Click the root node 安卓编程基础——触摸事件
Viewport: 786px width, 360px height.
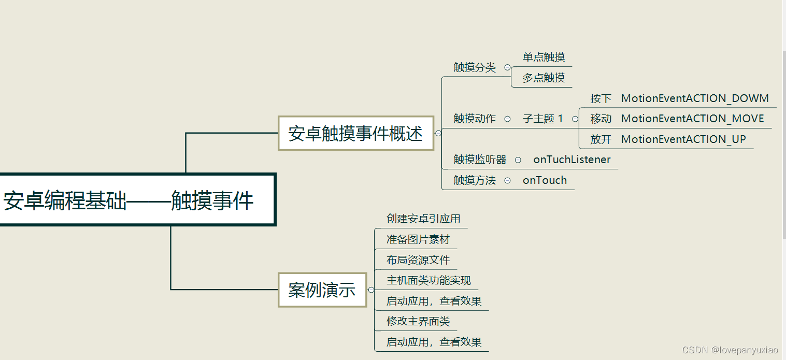point(128,200)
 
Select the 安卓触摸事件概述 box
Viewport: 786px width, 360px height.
point(355,134)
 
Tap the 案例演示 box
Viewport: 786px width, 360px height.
point(322,290)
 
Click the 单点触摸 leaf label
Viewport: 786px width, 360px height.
point(544,57)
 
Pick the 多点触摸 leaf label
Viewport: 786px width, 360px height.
point(544,78)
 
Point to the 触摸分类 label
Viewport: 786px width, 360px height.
point(475,67)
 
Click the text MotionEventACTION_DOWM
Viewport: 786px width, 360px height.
point(695,98)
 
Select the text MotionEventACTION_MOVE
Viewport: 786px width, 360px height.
point(692,119)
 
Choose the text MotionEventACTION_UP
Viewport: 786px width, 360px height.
point(683,139)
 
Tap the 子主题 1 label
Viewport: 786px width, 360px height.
point(542,119)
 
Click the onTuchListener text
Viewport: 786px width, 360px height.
point(572,160)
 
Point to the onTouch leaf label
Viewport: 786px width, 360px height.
point(545,180)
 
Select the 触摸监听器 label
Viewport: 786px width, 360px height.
point(480,160)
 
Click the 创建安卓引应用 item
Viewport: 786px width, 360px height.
point(423,219)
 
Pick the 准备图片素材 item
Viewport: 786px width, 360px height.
point(418,239)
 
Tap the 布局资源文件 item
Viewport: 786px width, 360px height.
point(418,260)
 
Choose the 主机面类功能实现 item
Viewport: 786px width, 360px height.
point(428,281)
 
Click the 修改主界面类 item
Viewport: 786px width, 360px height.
point(418,321)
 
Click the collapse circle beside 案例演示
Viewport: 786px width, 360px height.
point(371,290)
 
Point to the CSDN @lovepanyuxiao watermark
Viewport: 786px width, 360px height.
point(730,350)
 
